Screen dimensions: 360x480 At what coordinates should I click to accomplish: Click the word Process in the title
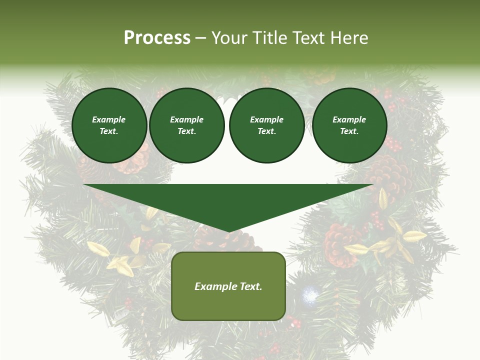pyautogui.click(x=157, y=38)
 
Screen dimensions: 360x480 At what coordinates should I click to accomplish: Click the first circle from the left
pyautogui.click(x=109, y=125)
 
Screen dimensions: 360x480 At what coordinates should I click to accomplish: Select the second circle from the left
pyautogui.click(x=187, y=125)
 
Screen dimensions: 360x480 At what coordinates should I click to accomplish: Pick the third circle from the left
pyautogui.click(x=267, y=125)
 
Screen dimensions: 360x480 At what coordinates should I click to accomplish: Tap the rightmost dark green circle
pyautogui.click(x=349, y=125)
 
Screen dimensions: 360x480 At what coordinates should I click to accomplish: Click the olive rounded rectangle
pyautogui.click(x=228, y=286)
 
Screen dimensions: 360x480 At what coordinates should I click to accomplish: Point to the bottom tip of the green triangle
pyautogui.click(x=229, y=231)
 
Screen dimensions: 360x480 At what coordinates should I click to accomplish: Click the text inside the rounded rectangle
pyautogui.click(x=228, y=286)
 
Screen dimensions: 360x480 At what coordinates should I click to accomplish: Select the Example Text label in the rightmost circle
pyautogui.click(x=349, y=125)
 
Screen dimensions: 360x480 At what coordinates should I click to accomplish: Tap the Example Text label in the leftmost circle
pyautogui.click(x=109, y=125)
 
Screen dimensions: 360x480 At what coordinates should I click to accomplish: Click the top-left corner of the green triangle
pyautogui.click(x=84, y=185)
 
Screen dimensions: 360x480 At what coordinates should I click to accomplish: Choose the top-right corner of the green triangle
pyautogui.click(x=373, y=185)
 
